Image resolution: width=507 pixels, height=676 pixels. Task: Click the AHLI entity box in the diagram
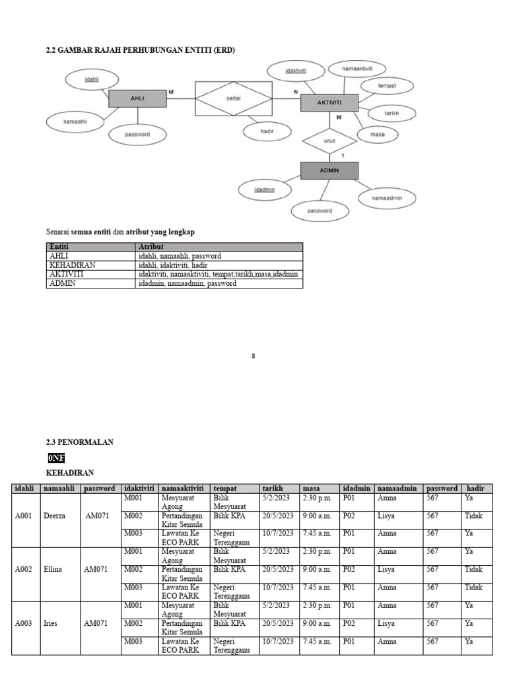(137, 98)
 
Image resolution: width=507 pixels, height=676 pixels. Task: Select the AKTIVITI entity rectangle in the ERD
(329, 103)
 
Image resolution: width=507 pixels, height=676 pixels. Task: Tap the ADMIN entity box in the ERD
(329, 170)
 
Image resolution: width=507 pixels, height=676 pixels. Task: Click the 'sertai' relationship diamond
(233, 98)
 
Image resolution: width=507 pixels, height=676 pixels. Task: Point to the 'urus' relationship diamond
(329, 141)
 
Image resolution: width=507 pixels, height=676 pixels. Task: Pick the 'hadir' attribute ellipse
(267, 131)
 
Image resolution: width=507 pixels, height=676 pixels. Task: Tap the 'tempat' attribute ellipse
(386, 86)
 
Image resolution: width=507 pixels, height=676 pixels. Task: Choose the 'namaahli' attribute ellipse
(75, 121)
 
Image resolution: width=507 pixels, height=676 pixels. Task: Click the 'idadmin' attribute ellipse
(264, 189)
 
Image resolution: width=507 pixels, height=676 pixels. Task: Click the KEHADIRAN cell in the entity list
(73, 265)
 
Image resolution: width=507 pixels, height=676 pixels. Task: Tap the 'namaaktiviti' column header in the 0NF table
(183, 489)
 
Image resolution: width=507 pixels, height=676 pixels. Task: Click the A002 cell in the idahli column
(24, 569)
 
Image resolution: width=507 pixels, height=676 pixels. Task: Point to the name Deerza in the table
(55, 516)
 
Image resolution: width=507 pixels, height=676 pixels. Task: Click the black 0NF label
(56, 457)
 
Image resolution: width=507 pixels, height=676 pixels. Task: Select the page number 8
(253, 356)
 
